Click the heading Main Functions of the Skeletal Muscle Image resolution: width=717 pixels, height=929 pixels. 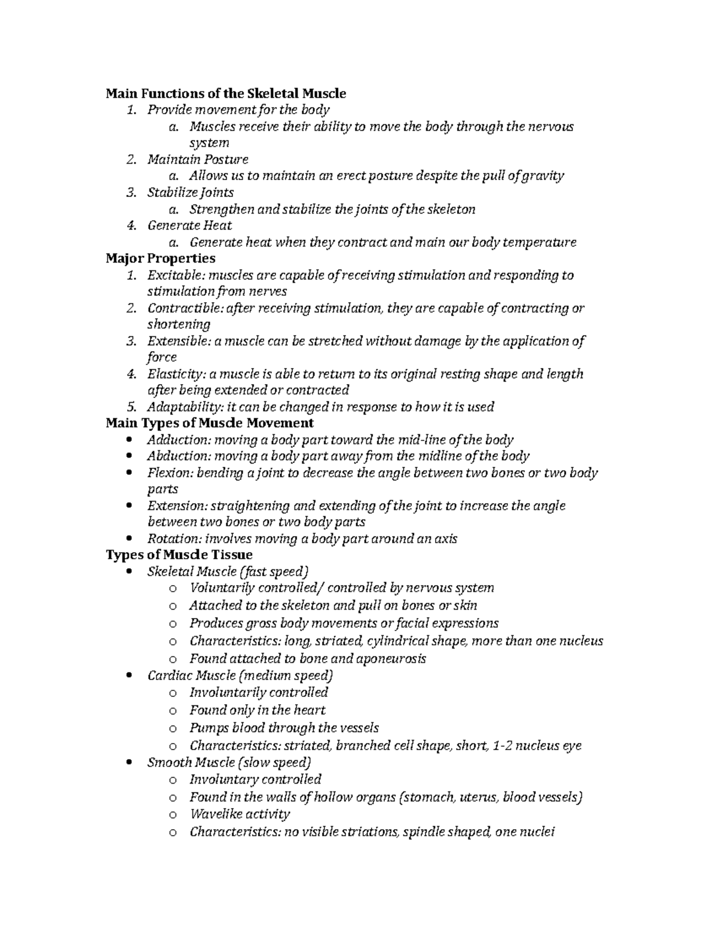coord(226,93)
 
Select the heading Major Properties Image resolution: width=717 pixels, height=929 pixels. coord(160,258)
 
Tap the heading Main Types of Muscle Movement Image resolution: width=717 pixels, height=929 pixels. coord(209,423)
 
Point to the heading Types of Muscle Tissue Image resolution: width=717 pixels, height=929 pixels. coord(179,555)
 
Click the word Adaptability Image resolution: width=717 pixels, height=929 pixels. coord(179,407)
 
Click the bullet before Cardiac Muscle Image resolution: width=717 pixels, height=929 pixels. coord(130,675)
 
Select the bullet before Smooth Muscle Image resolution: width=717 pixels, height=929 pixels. coord(130,763)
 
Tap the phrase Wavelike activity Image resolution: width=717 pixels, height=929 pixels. coord(239,814)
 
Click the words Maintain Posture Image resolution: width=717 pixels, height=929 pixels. coord(197,160)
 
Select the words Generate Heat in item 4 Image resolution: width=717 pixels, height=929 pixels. coord(189,226)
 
